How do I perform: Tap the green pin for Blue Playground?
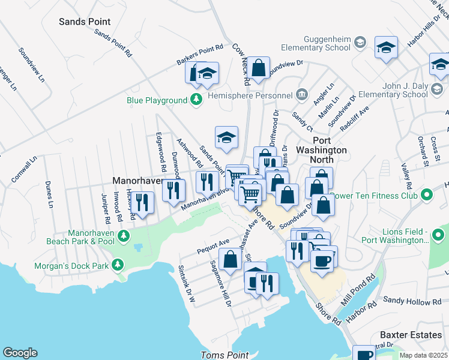tap(196, 101)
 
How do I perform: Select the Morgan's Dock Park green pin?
tap(118, 264)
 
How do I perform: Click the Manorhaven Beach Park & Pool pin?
tap(124, 235)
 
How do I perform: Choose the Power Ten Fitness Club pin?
tap(427, 195)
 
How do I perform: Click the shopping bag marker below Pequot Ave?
tap(231, 259)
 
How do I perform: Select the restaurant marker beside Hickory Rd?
tap(142, 202)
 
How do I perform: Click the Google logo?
tap(20, 353)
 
